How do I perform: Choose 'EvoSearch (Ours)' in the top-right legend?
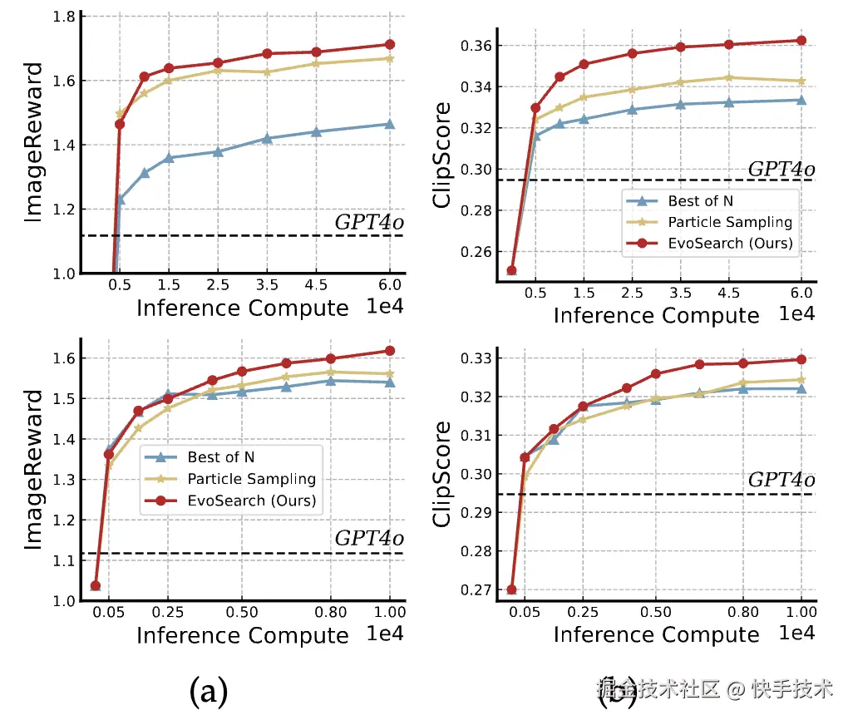(730, 244)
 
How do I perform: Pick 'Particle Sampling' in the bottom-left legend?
(251, 479)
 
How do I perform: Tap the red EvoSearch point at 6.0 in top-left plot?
(389, 44)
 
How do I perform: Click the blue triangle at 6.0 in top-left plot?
(389, 124)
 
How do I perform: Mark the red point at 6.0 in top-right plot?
(801, 40)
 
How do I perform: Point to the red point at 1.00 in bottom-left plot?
(390, 351)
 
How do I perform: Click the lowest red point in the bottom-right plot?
(511, 589)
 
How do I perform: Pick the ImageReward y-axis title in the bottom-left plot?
(33, 469)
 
